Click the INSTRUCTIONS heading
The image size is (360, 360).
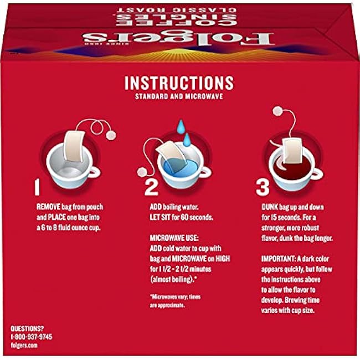pyautogui.click(x=179, y=83)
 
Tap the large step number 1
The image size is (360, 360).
pyautogui.click(x=37, y=187)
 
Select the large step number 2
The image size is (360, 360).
pyautogui.click(x=151, y=187)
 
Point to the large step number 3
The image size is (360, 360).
pyautogui.click(x=263, y=187)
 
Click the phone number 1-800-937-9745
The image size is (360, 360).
pyautogui.click(x=32, y=337)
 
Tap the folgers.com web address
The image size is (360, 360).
pyautogui.click(x=24, y=345)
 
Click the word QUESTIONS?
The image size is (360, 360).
pyautogui.click(x=27, y=328)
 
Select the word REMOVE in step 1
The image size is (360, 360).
pyautogui.click(x=48, y=207)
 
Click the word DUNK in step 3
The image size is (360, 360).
pyautogui.click(x=270, y=207)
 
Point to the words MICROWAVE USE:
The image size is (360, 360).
pyautogui.click(x=174, y=238)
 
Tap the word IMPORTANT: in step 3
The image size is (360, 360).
pyautogui.click(x=278, y=259)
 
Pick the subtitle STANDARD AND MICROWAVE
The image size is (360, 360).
pyautogui.click(x=179, y=96)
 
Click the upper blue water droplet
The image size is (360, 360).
pyautogui.click(x=181, y=126)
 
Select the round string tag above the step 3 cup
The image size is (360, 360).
pyautogui.click(x=278, y=111)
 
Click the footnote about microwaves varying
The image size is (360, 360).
pyautogui.click(x=175, y=301)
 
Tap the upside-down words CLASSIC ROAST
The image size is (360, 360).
pyautogui.click(x=176, y=10)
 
